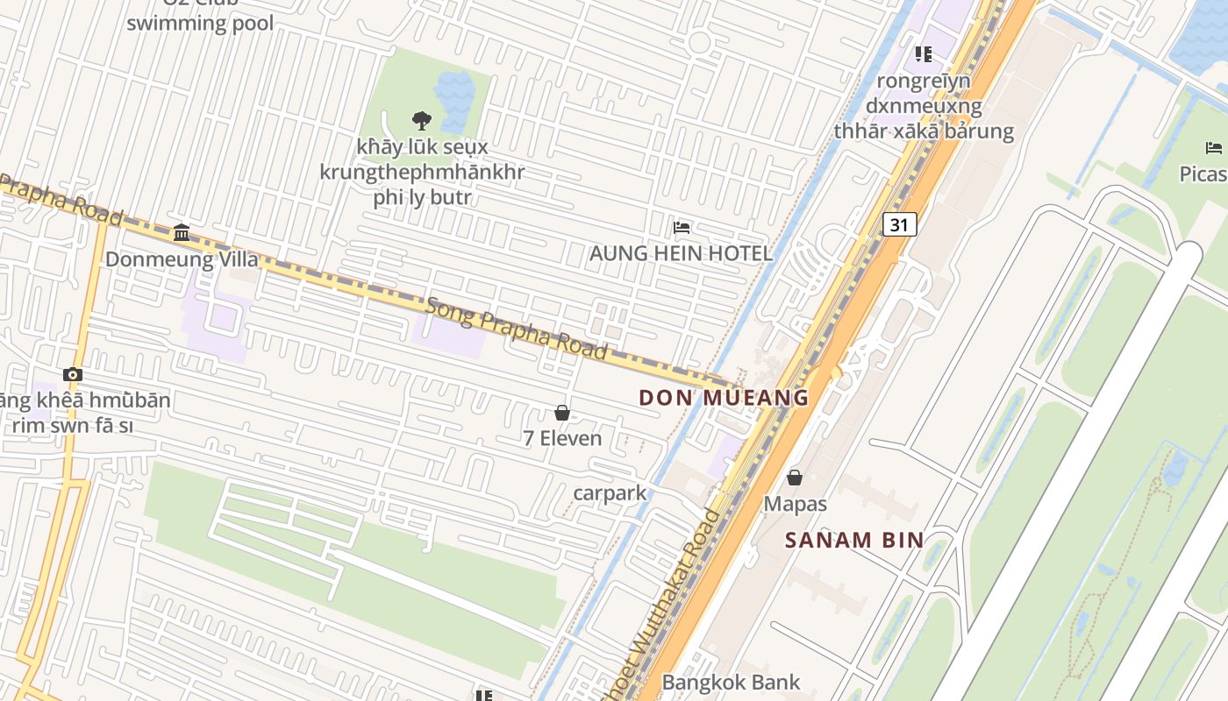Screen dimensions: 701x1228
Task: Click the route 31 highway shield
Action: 899,224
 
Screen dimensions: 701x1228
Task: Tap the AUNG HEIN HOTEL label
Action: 681,254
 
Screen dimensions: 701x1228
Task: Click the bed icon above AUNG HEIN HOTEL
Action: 682,228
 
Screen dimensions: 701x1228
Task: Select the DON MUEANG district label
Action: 724,398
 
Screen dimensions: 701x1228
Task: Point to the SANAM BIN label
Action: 854,540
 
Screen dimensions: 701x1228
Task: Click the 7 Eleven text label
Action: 562,438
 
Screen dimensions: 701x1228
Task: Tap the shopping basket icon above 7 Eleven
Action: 562,413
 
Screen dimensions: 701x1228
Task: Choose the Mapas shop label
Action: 795,504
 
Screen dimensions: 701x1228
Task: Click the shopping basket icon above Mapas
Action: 795,478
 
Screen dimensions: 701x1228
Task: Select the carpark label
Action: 610,492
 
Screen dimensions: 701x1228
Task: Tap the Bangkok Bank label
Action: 731,682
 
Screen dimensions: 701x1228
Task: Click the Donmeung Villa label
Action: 182,259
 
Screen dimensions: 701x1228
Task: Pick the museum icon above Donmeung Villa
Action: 182,232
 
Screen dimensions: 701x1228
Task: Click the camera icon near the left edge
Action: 73,375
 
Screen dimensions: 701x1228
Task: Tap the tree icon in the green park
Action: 421,120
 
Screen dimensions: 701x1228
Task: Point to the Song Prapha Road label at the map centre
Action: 516,329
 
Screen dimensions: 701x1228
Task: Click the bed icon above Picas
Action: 1214,147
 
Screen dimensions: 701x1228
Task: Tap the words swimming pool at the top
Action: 200,23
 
